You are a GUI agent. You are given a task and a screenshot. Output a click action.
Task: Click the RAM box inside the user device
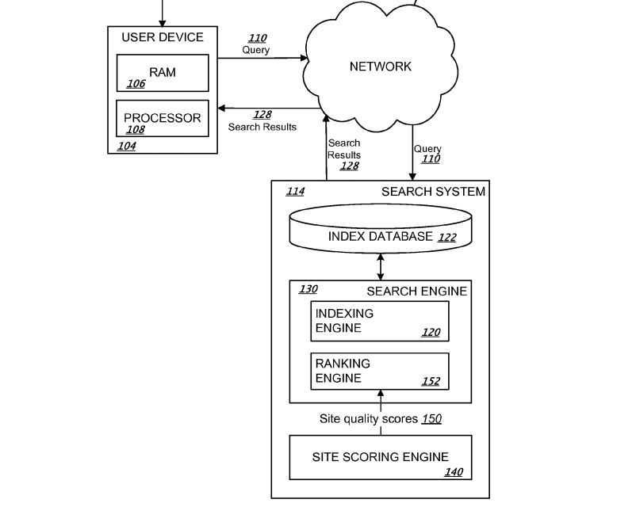coord(163,73)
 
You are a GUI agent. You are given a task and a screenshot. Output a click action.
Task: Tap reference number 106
coord(136,84)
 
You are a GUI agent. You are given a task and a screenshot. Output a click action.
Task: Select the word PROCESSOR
coord(163,118)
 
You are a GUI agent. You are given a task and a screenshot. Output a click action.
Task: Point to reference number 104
coord(126,146)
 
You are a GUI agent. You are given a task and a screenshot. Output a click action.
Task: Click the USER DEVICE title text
coord(163,37)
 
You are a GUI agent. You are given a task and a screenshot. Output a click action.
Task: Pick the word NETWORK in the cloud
coord(381,67)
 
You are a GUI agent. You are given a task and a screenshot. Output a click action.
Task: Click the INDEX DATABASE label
coord(381,236)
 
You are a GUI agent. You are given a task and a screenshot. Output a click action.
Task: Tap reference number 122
coord(447,237)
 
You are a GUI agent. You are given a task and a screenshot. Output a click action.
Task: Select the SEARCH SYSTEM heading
coord(433,192)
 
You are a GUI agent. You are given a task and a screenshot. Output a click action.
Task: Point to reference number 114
coord(295,191)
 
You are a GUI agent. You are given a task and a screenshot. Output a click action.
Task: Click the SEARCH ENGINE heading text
coord(416,292)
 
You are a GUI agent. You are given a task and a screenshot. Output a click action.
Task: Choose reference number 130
coord(308,289)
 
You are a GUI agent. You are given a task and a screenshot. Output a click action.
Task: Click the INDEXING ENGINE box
coord(380,321)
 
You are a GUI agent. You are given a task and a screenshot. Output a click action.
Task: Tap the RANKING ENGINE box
coord(380,371)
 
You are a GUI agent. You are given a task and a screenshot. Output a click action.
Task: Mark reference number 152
coord(431,381)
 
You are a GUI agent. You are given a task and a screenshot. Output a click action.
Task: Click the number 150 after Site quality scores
coord(431,418)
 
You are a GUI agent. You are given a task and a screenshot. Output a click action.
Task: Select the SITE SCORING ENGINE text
coord(380,457)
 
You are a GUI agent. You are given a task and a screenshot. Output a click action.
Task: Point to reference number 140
coord(454,472)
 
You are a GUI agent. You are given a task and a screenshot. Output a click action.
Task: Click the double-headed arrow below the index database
coord(381,266)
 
